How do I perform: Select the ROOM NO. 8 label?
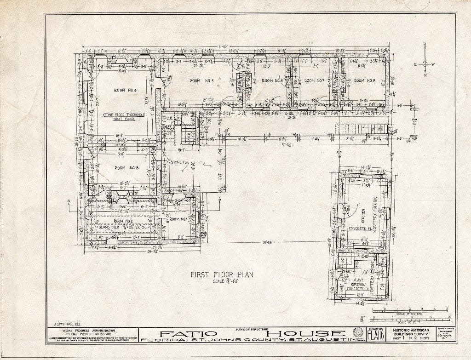click(365, 81)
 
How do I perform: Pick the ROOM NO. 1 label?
click(178, 219)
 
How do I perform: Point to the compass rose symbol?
click(425, 64)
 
